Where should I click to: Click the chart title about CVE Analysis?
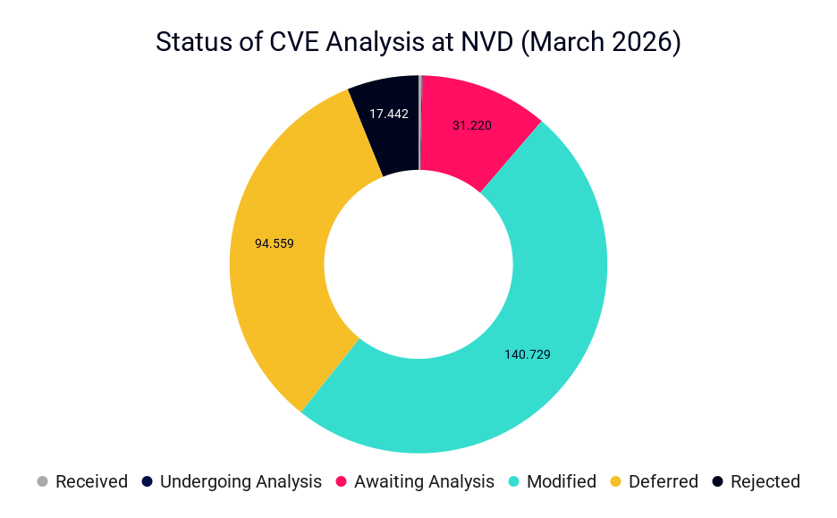418,43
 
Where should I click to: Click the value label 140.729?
528,354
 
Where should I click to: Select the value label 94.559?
275,242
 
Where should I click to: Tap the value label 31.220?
471,126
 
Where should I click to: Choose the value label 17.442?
389,114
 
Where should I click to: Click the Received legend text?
91,481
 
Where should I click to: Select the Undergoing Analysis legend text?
241,481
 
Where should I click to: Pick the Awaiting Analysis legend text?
424,481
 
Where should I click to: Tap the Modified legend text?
562,481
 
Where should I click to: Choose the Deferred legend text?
663,481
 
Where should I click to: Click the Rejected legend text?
765,481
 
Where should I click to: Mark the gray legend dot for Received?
42,481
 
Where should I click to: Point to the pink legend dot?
342,481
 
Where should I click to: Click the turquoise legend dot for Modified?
514,481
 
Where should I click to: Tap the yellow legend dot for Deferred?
615,481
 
